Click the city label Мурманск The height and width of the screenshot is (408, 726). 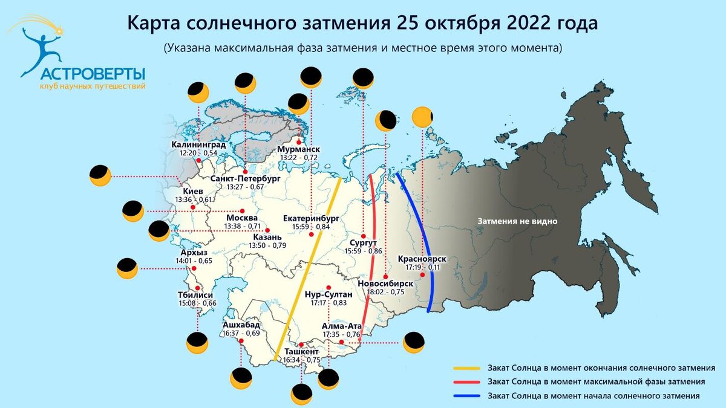point(299,149)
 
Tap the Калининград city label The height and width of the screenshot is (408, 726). point(198,145)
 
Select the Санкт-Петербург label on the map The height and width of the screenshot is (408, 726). point(246,179)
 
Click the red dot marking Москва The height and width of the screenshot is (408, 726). point(242,210)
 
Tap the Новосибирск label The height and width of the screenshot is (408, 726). point(385,283)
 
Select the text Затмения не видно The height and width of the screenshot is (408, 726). point(517,221)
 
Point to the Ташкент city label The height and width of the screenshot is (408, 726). point(301,352)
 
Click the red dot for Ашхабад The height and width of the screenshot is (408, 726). point(241,341)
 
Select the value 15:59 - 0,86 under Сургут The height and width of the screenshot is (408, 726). point(363,250)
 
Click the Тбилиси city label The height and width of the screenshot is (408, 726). point(194,295)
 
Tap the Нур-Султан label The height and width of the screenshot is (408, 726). point(327,294)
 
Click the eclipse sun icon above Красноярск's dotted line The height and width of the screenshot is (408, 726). point(422,117)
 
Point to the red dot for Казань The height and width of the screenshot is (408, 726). point(267,230)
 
